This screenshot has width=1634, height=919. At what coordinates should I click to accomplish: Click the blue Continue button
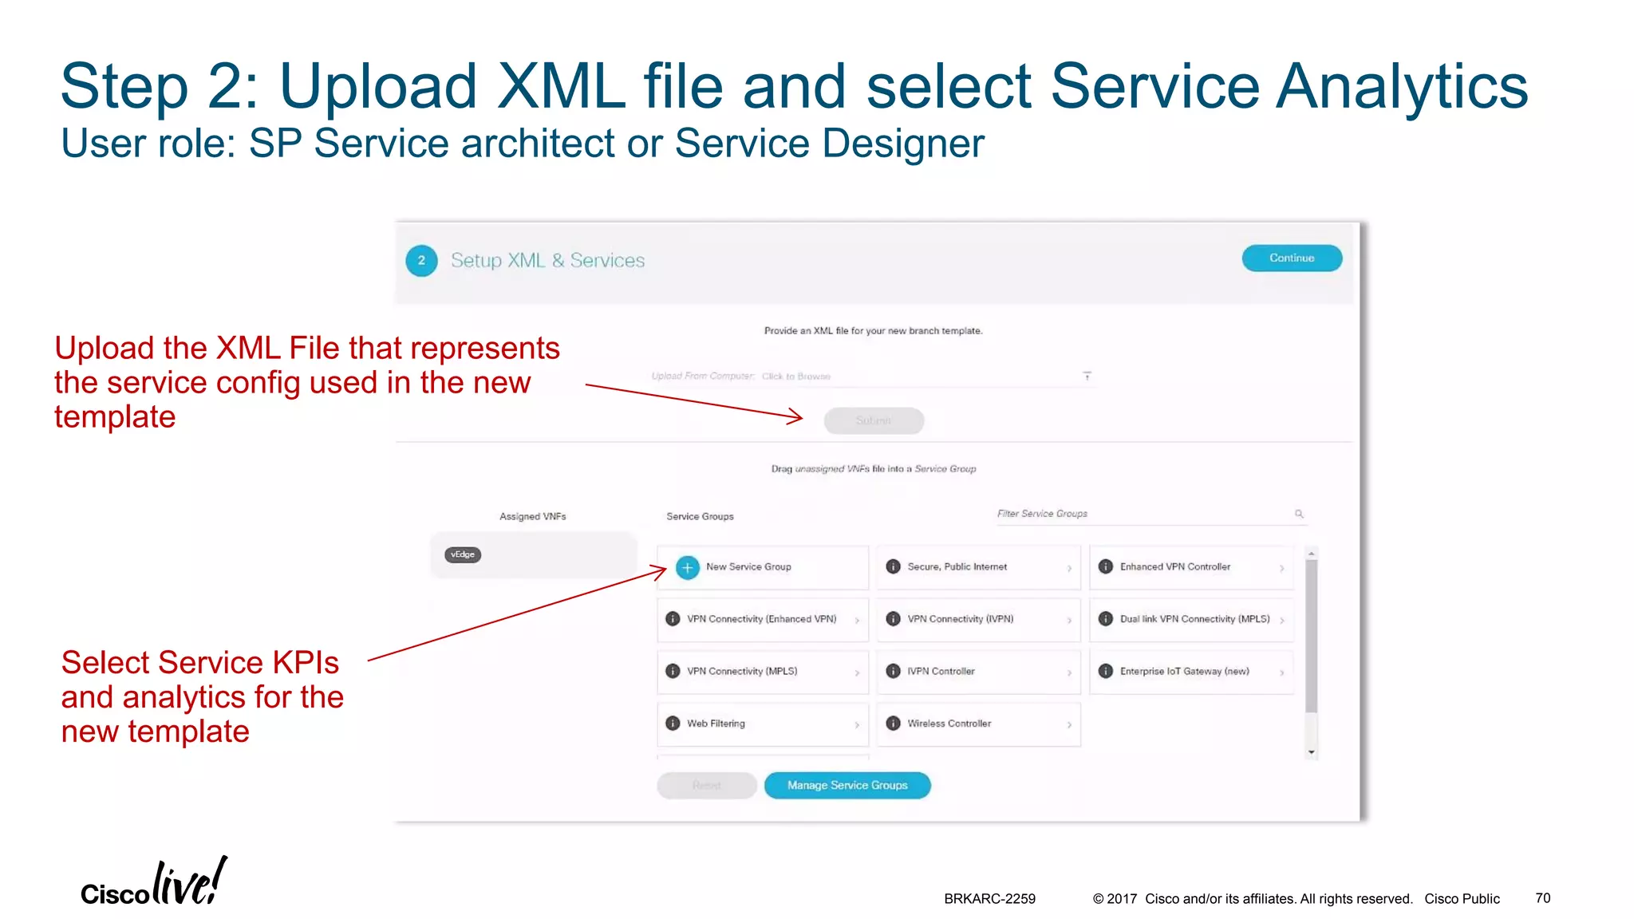(x=1291, y=258)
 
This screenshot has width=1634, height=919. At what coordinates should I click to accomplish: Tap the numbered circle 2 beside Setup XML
(x=421, y=260)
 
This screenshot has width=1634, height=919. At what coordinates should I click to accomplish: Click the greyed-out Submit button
(x=874, y=420)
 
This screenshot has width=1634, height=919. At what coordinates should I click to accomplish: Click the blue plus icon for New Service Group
(x=687, y=567)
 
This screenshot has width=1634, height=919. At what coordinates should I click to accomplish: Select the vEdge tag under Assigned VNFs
(x=463, y=554)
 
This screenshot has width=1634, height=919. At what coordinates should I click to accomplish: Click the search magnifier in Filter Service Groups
(x=1299, y=514)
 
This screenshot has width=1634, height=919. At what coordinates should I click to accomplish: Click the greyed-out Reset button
(x=706, y=786)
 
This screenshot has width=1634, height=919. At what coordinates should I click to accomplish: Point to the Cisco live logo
(x=153, y=884)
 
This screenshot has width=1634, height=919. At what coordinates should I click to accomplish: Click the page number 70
(x=1542, y=897)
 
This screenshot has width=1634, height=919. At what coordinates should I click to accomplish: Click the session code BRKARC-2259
(x=989, y=898)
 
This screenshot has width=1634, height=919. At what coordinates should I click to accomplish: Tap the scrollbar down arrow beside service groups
(x=1311, y=752)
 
